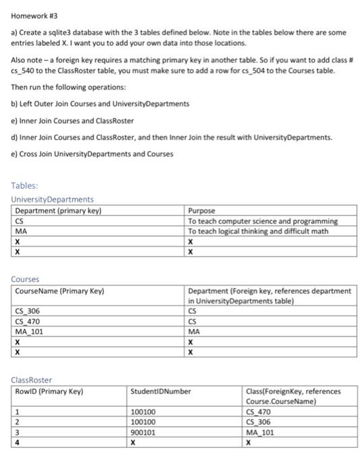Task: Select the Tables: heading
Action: click(25, 185)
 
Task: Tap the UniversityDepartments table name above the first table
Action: click(53, 199)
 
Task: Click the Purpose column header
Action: click(203, 210)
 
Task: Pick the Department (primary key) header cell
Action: click(58, 210)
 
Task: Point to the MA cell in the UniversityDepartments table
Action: click(21, 231)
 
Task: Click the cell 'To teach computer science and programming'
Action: click(263, 221)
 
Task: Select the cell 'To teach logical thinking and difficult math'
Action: click(258, 231)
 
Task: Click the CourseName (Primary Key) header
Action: click(60, 291)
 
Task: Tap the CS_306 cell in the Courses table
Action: click(29, 312)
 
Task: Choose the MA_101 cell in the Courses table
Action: click(30, 331)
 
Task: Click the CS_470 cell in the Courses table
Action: click(29, 322)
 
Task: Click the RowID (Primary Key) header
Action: click(51, 391)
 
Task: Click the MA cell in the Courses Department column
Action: click(194, 331)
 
